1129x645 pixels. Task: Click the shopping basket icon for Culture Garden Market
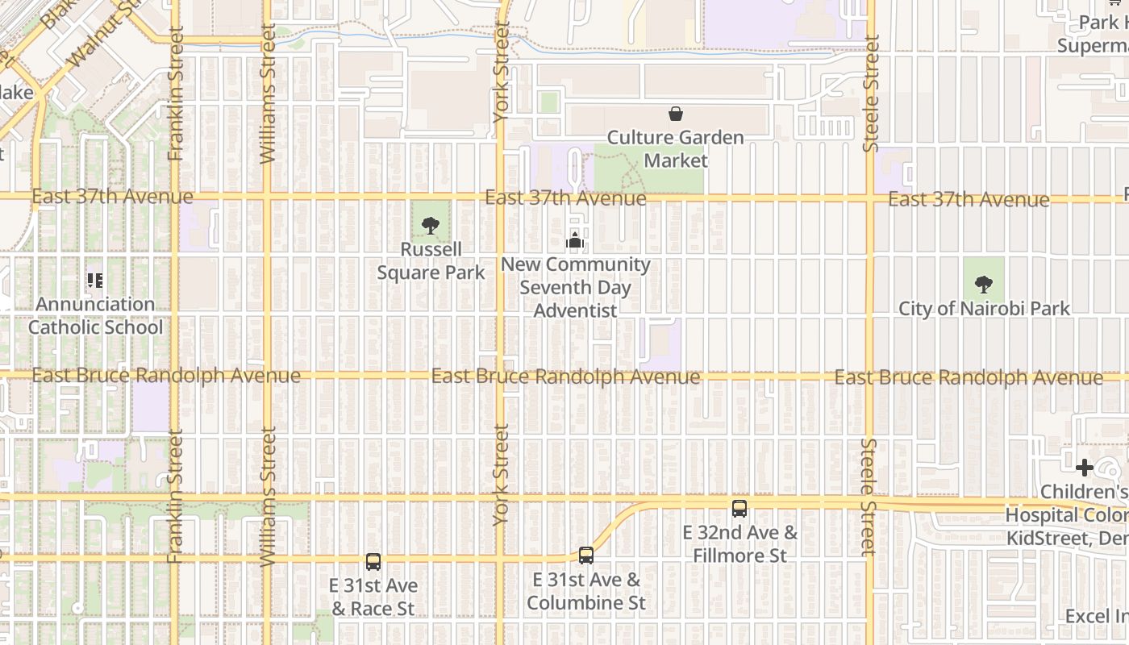pyautogui.click(x=676, y=114)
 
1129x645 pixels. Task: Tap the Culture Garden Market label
pyautogui.click(x=676, y=149)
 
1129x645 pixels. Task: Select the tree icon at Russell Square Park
pyautogui.click(x=431, y=225)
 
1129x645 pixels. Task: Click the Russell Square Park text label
pyautogui.click(x=431, y=261)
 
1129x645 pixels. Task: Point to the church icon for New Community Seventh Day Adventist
pyautogui.click(x=574, y=240)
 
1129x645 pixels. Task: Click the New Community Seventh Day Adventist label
pyautogui.click(x=576, y=287)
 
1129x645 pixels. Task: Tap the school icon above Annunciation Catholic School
pyautogui.click(x=95, y=281)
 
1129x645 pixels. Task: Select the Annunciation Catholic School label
pyautogui.click(x=95, y=315)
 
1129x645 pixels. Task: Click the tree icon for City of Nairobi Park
pyautogui.click(x=983, y=284)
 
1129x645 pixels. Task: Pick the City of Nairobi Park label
pyautogui.click(x=985, y=308)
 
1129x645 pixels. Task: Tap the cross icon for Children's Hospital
pyautogui.click(x=1085, y=468)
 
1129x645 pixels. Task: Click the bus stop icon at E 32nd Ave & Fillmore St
pyautogui.click(x=739, y=509)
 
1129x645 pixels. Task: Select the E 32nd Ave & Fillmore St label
pyautogui.click(x=739, y=544)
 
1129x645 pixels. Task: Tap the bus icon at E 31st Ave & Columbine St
pyautogui.click(x=586, y=556)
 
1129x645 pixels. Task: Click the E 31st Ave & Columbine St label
pyautogui.click(x=586, y=591)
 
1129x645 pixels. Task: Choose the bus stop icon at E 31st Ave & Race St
pyautogui.click(x=373, y=562)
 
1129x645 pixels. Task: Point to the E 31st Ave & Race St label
pyautogui.click(x=373, y=597)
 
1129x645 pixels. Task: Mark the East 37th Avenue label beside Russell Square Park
pyautogui.click(x=565, y=198)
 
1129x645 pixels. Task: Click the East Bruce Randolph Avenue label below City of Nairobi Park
pyautogui.click(x=969, y=377)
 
